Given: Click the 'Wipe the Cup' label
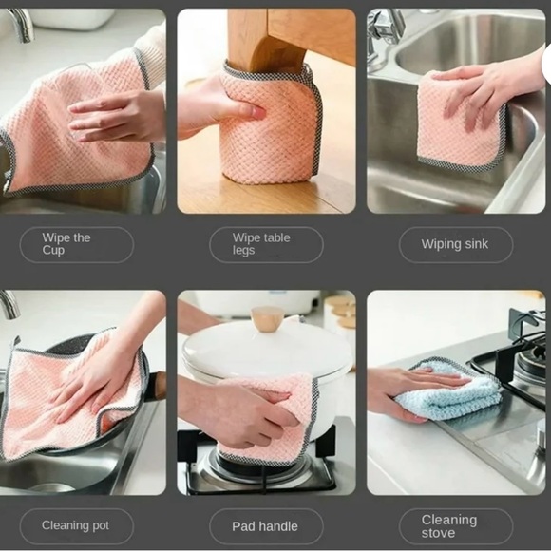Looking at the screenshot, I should pos(77,244).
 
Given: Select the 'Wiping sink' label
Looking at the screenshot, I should pos(455,244).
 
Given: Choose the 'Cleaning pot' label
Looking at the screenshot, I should pos(77,525).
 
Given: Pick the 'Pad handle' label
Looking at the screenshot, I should pos(265,525).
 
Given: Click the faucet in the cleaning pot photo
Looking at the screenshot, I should pos(9,306).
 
